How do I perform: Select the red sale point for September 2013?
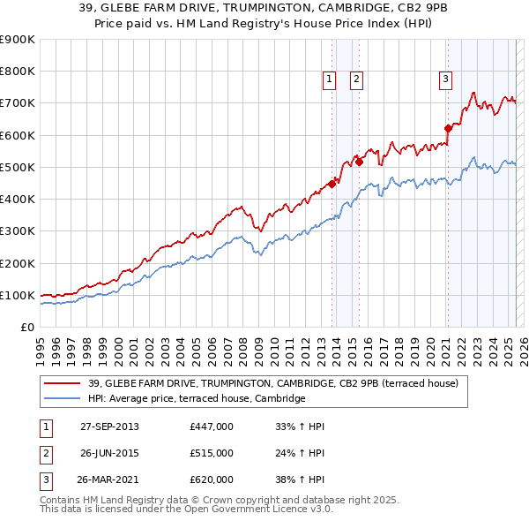(x=332, y=184)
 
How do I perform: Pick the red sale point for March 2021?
(x=447, y=128)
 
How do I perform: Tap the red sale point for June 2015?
(x=360, y=162)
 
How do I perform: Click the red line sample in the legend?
(x=63, y=383)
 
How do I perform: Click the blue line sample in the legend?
(x=63, y=399)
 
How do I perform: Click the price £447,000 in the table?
(x=211, y=427)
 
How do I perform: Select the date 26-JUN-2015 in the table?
(x=109, y=453)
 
